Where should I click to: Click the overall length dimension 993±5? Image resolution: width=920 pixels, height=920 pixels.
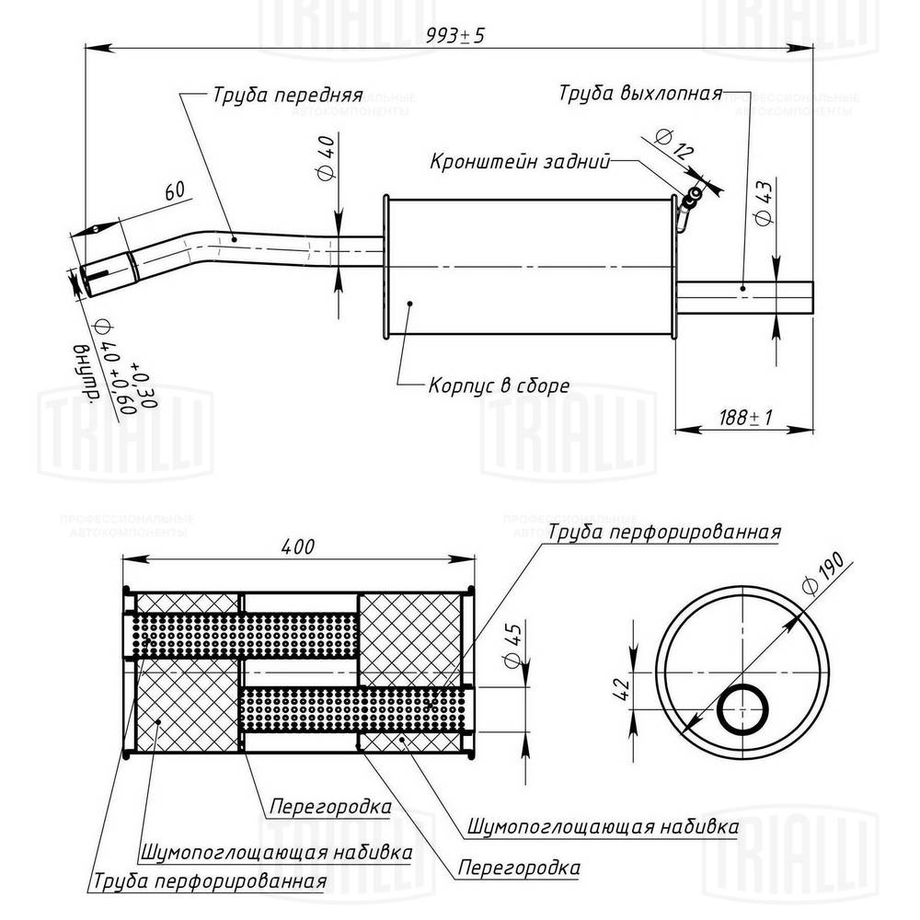455,36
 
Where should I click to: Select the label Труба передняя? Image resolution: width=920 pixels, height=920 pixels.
288,95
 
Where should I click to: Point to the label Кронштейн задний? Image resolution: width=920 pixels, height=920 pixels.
521,162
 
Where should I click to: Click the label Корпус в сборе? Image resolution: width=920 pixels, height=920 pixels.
499,385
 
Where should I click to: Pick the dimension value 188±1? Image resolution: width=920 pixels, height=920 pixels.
744,417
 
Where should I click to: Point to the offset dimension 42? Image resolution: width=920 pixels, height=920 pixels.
623,686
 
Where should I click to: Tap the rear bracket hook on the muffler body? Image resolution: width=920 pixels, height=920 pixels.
686,207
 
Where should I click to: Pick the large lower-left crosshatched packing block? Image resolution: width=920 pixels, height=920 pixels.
189,707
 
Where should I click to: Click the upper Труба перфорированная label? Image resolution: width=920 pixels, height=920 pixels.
664,533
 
